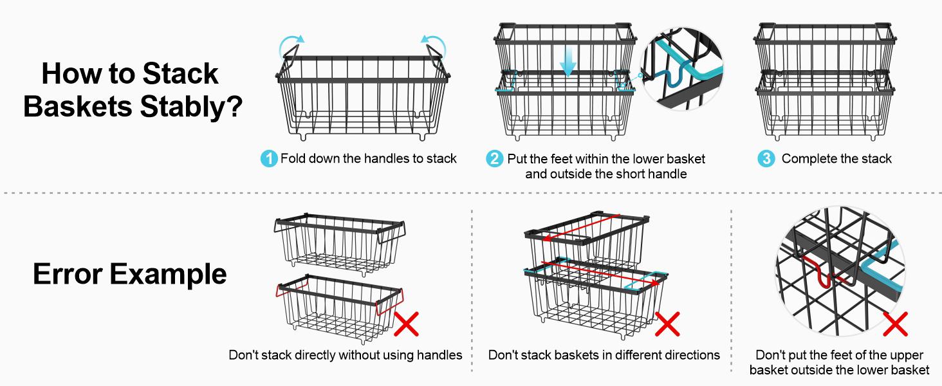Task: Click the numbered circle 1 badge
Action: pyautogui.click(x=269, y=159)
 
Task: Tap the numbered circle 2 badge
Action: pyautogui.click(x=494, y=159)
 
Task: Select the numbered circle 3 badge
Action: pyautogui.click(x=766, y=159)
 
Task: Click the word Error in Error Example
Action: pyautogui.click(x=68, y=274)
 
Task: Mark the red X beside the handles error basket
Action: pyautogui.click(x=406, y=324)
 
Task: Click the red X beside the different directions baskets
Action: pyautogui.click(x=667, y=324)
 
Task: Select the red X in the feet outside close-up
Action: pyautogui.click(x=895, y=324)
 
